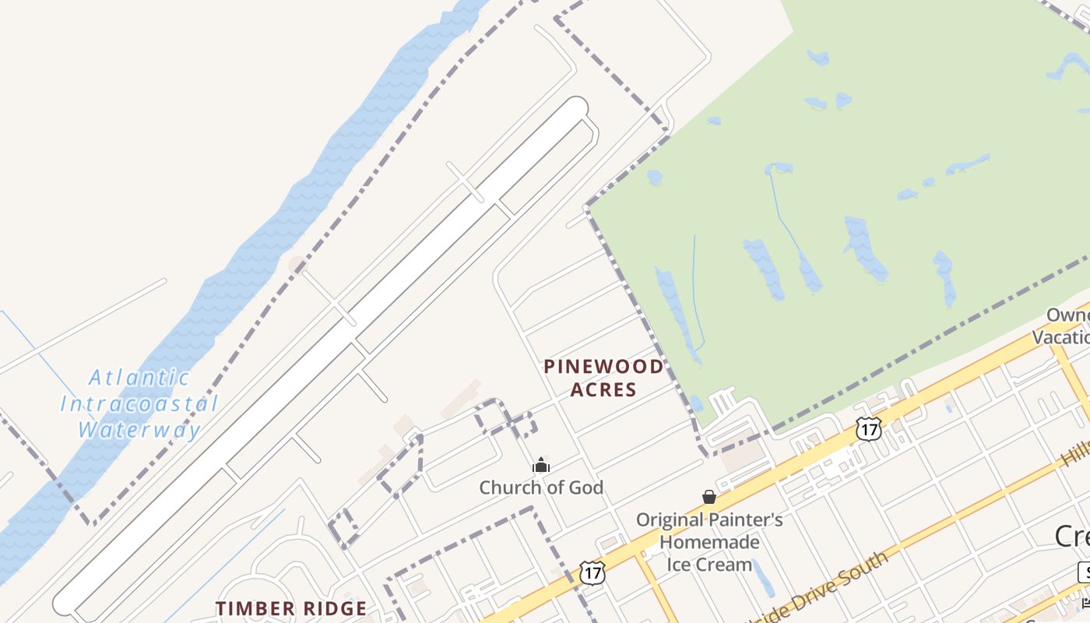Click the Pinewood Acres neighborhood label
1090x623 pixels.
point(603,378)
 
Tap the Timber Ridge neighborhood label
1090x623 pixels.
point(290,608)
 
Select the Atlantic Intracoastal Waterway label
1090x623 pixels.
point(139,403)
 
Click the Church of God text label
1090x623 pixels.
point(541,488)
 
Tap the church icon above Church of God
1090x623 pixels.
point(541,466)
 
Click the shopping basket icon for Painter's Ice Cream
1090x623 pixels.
point(709,497)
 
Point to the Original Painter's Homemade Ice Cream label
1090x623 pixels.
point(709,542)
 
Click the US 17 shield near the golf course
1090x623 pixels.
point(868,428)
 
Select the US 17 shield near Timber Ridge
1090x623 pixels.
point(592,572)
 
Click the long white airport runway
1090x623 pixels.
point(327,350)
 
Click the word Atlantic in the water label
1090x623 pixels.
point(139,378)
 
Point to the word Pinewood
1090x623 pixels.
point(603,366)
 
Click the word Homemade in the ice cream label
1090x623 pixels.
point(709,542)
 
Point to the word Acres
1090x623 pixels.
point(603,389)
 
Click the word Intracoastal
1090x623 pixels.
point(139,404)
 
